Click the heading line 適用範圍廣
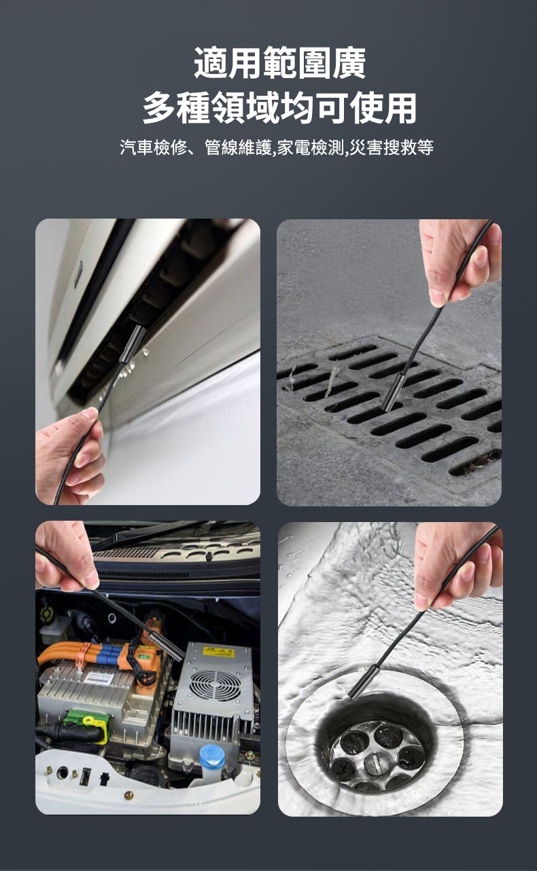click(279, 62)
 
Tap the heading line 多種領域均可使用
click(279, 108)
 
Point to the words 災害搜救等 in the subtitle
click(392, 147)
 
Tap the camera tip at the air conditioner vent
click(133, 344)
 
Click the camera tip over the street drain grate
click(392, 392)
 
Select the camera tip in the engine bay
click(165, 646)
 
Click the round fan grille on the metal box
click(215, 686)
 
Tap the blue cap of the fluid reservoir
click(212, 757)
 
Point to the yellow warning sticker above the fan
click(218, 652)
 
